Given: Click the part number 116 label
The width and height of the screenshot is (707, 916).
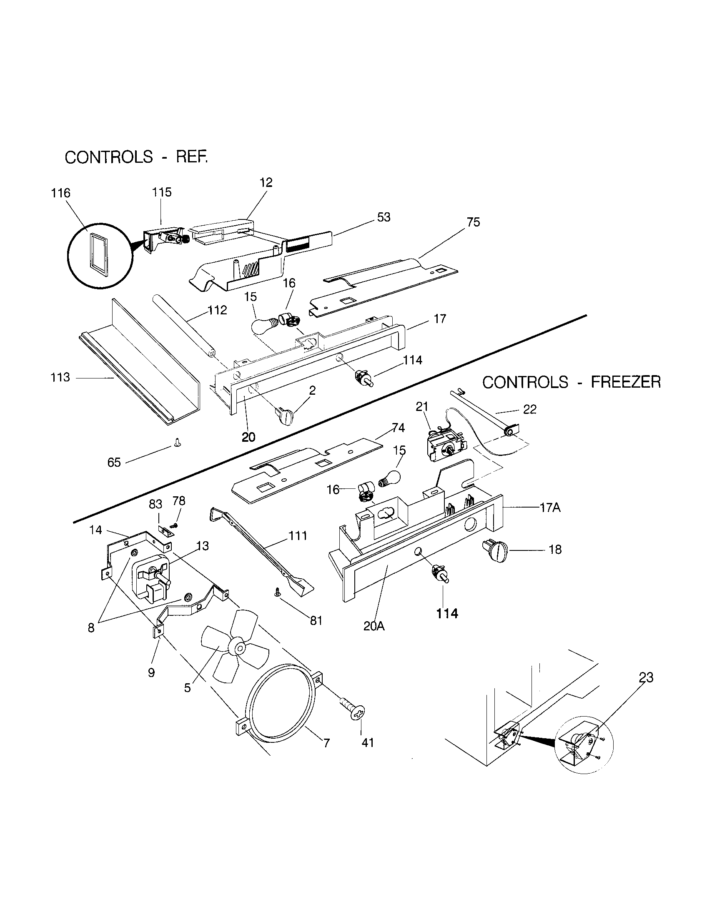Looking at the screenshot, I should pos(61,193).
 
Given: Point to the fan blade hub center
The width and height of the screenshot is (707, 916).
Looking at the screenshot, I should pos(240,648).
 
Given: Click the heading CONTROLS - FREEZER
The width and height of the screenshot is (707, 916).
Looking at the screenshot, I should pos(571,382).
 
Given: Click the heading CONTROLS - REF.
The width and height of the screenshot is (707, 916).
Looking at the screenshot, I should pos(136,157).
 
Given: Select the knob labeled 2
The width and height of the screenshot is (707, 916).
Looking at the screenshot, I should pos(284,416).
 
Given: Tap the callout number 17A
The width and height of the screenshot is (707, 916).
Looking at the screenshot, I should pos(549,508).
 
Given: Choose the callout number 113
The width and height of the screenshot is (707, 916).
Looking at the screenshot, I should pos(60,378).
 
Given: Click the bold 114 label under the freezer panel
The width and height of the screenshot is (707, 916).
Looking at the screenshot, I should pos(447,614).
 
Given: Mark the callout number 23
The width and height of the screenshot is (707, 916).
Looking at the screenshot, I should pos(646,677).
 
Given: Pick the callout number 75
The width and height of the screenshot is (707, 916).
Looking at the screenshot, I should pos(473,222).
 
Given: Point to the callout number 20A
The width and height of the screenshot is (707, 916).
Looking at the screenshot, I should pos(374,626).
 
